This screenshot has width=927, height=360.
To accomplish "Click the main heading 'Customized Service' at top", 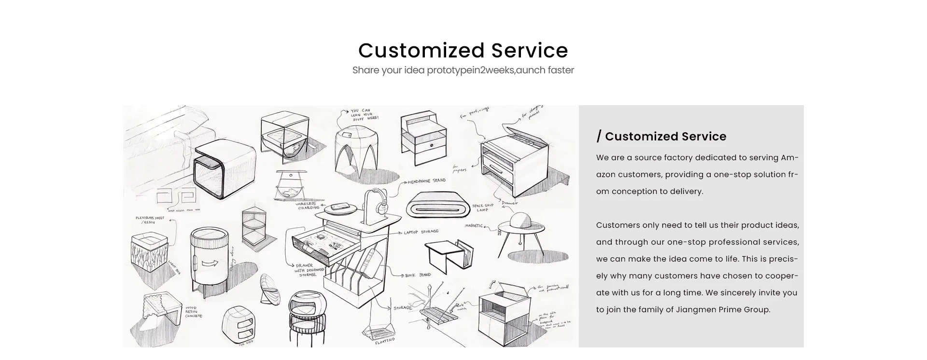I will tap(463, 50).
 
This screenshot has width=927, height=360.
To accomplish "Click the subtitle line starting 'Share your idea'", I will tap(463, 70).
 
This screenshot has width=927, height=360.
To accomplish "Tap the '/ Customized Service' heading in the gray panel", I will tap(661, 137).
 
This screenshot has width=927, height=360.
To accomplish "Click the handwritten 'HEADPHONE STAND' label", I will tap(426, 181).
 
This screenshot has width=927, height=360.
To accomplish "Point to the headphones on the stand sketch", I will tap(378, 202).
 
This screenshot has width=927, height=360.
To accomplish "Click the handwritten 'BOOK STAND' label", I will tap(418, 275).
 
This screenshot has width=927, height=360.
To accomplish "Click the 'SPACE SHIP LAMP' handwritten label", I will tap(483, 208).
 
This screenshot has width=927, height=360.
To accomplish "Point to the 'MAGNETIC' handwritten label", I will tap(474, 226).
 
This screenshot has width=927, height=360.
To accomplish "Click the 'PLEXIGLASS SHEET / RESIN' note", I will tap(150, 220).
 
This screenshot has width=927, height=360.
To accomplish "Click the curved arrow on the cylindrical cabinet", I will tap(210, 263).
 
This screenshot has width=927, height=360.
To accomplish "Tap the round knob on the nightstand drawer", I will tap(431, 146).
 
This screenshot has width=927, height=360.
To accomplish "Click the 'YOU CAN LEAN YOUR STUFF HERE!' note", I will tap(365, 114).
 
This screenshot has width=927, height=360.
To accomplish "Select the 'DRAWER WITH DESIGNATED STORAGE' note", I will tap(308, 270).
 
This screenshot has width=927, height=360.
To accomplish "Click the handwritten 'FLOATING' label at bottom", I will tap(385, 341).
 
